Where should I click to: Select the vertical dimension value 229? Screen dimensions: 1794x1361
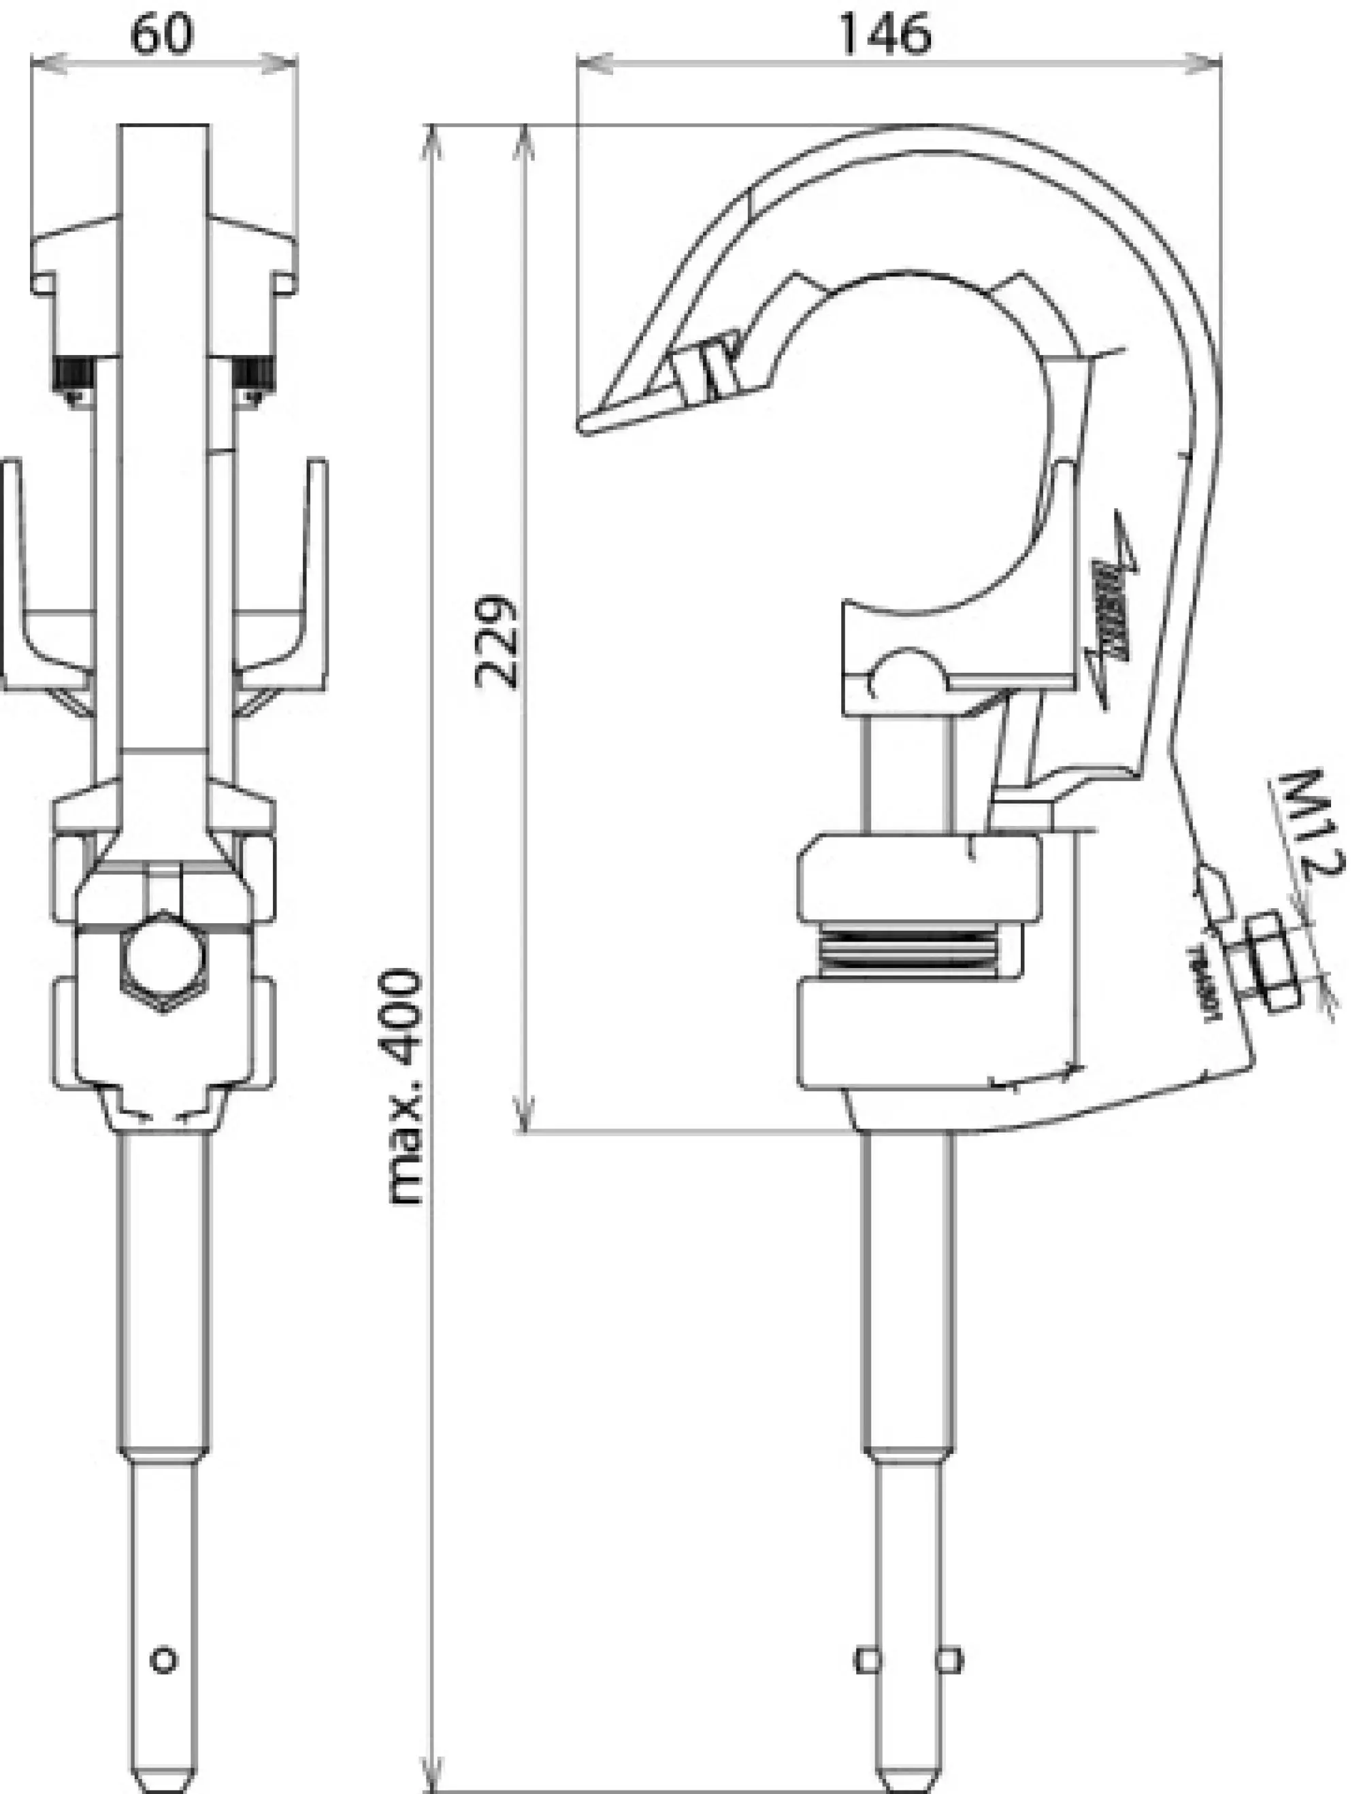496,642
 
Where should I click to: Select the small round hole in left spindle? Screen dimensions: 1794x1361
164,1660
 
